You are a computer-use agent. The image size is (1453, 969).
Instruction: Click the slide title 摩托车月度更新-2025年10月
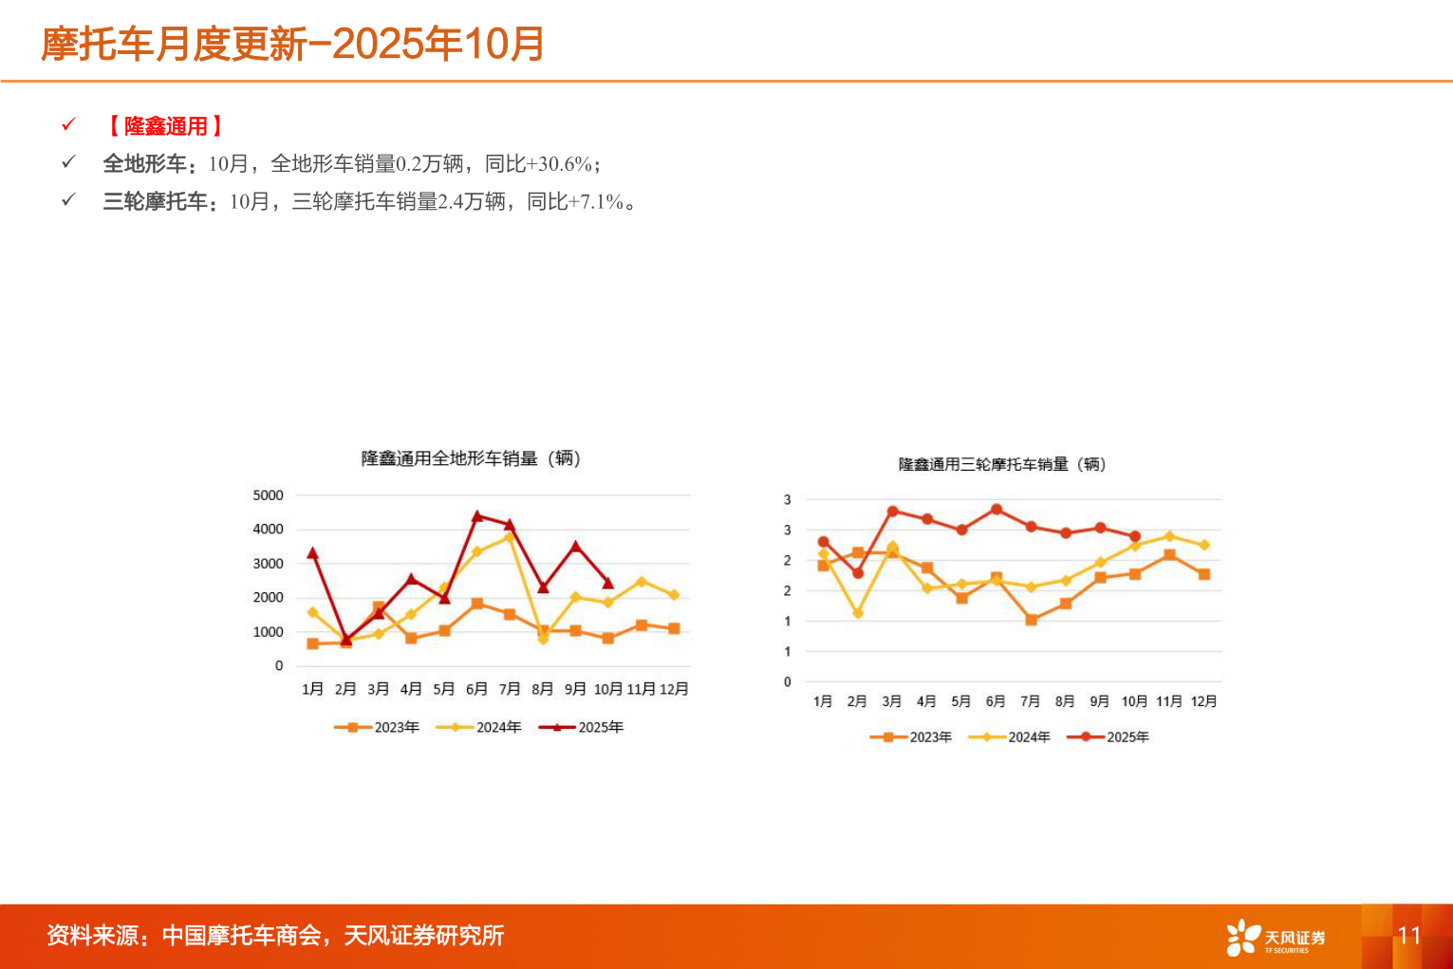click(x=292, y=44)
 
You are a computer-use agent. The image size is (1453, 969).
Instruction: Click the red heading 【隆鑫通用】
click(x=165, y=126)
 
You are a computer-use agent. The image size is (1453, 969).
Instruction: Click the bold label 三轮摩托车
click(x=155, y=201)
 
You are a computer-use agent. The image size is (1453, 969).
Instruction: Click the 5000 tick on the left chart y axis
click(x=268, y=495)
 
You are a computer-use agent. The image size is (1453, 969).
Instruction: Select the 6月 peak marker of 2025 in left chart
click(x=477, y=516)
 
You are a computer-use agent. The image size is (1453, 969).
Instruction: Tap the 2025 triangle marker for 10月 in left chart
click(x=608, y=584)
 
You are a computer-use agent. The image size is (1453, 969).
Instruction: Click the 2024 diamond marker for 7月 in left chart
click(x=510, y=537)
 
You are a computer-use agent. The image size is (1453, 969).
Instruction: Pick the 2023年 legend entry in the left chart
click(x=377, y=727)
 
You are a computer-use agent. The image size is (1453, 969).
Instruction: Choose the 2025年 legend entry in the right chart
click(x=1108, y=736)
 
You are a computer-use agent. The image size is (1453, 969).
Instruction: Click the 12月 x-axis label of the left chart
click(x=674, y=689)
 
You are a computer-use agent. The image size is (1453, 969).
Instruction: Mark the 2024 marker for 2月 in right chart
click(x=858, y=614)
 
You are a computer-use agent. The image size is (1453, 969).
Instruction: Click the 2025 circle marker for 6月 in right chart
click(x=997, y=510)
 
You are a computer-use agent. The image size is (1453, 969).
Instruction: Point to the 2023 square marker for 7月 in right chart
click(x=1031, y=620)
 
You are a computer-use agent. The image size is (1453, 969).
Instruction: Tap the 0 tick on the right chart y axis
click(x=787, y=681)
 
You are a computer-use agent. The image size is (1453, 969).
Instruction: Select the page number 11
click(x=1408, y=936)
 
